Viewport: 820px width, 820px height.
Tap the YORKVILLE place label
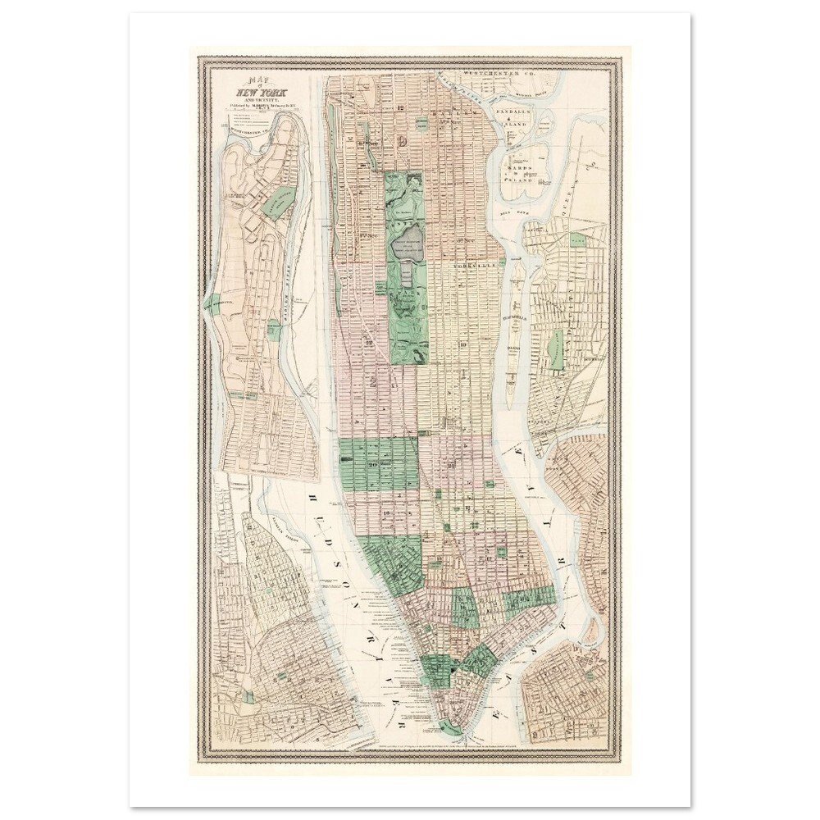pos(478,266)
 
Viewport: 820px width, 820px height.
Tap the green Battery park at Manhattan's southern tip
pos(449,727)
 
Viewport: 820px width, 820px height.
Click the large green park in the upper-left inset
pos(283,199)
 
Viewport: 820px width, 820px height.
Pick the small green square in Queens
pos(579,240)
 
